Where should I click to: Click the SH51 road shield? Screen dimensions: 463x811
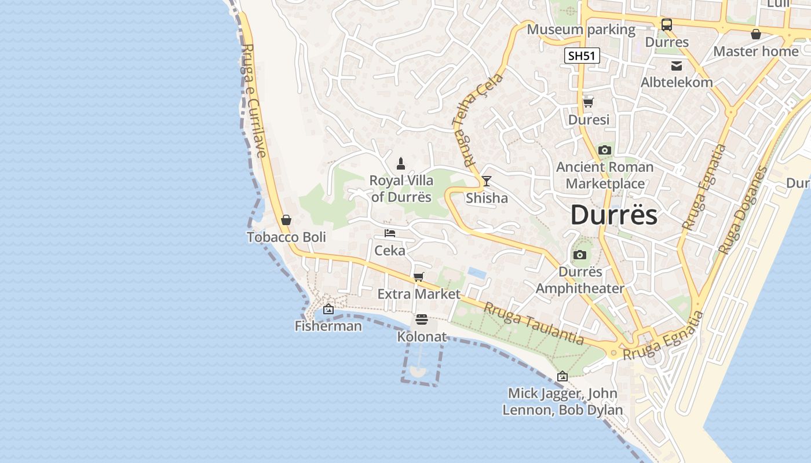click(582, 56)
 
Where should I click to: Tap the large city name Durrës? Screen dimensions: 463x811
click(613, 215)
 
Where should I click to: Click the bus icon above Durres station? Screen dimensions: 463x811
click(667, 25)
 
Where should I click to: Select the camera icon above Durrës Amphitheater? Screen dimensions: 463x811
click(580, 255)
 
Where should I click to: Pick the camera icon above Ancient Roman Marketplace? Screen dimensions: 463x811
click(605, 150)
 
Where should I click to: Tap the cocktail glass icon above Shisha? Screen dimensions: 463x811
click(487, 181)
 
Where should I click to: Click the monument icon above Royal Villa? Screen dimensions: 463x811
click(401, 164)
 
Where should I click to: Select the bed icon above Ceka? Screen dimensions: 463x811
click(390, 233)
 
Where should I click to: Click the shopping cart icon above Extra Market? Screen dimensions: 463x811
click(419, 277)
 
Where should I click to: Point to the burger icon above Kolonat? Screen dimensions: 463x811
click(422, 319)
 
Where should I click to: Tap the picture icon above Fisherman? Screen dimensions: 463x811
click(328, 309)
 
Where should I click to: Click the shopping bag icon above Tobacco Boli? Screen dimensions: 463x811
click(286, 220)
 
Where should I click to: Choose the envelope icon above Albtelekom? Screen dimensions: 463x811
click(676, 65)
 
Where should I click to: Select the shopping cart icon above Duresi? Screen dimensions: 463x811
click(589, 102)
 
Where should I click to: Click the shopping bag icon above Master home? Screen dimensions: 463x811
click(756, 34)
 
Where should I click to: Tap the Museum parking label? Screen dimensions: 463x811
click(581, 30)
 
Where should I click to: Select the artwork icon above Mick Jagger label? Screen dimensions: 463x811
click(562, 377)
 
